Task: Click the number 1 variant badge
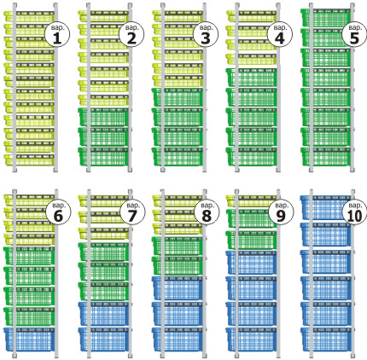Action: (57, 34)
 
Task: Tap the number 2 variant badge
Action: (131, 34)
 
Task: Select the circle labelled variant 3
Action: (206, 34)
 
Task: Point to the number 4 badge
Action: (280, 34)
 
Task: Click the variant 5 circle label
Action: (354, 34)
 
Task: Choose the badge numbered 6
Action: (58, 212)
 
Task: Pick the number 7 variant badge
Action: (132, 212)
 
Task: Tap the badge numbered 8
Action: (207, 212)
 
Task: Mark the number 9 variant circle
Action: (281, 212)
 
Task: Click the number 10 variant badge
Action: (355, 212)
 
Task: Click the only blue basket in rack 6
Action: (29, 339)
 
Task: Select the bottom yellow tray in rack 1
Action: (29, 160)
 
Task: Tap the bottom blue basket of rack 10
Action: (326, 339)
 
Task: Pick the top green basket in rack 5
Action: (326, 18)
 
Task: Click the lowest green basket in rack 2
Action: (103, 156)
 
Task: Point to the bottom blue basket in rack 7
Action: (103, 339)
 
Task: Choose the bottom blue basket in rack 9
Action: (252, 339)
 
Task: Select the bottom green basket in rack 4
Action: (252, 156)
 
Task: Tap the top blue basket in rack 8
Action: (178, 287)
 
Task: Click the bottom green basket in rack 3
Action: (178, 156)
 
